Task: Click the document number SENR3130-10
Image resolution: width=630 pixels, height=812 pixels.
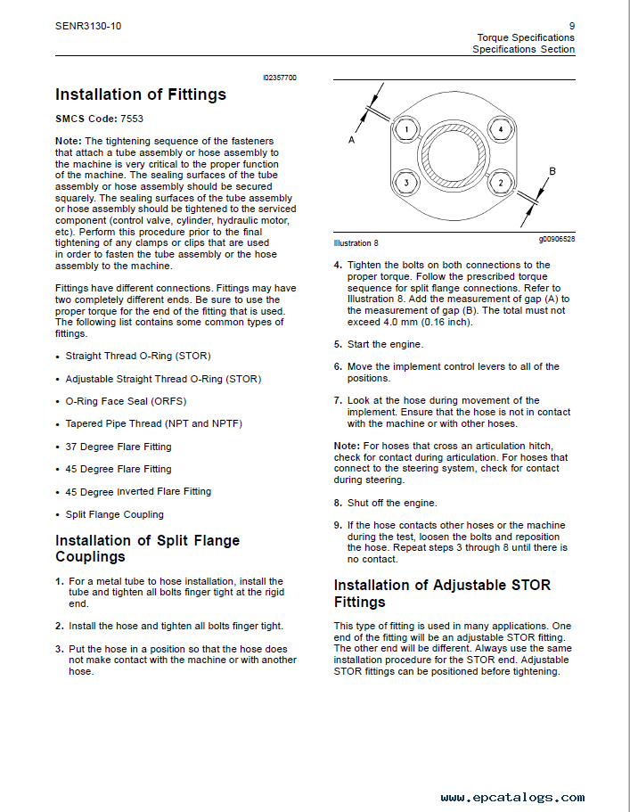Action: [87, 26]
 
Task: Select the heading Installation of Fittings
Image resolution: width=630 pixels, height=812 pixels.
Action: [141, 94]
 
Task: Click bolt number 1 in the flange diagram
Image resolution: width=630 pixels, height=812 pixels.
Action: [405, 130]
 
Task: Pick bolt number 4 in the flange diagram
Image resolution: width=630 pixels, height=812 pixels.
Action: [501, 130]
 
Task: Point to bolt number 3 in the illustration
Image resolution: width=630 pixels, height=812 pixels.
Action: [405, 184]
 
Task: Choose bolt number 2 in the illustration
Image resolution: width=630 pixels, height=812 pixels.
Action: [501, 184]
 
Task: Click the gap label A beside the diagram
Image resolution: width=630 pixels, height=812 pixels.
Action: [351, 141]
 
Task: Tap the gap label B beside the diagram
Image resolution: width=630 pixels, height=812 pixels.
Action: [552, 170]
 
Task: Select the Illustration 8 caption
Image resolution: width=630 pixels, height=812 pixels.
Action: [356, 242]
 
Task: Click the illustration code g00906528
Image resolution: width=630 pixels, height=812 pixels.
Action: [556, 239]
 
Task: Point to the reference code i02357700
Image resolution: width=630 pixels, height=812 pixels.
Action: [280, 78]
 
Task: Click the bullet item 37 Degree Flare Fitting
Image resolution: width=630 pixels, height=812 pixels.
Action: [119, 447]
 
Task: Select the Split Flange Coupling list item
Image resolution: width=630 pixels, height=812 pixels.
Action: [115, 514]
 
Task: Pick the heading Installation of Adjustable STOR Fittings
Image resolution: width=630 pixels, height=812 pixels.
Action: [442, 594]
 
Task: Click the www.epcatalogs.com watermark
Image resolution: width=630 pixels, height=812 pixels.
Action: [512, 798]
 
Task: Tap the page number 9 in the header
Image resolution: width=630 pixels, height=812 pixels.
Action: [571, 26]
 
